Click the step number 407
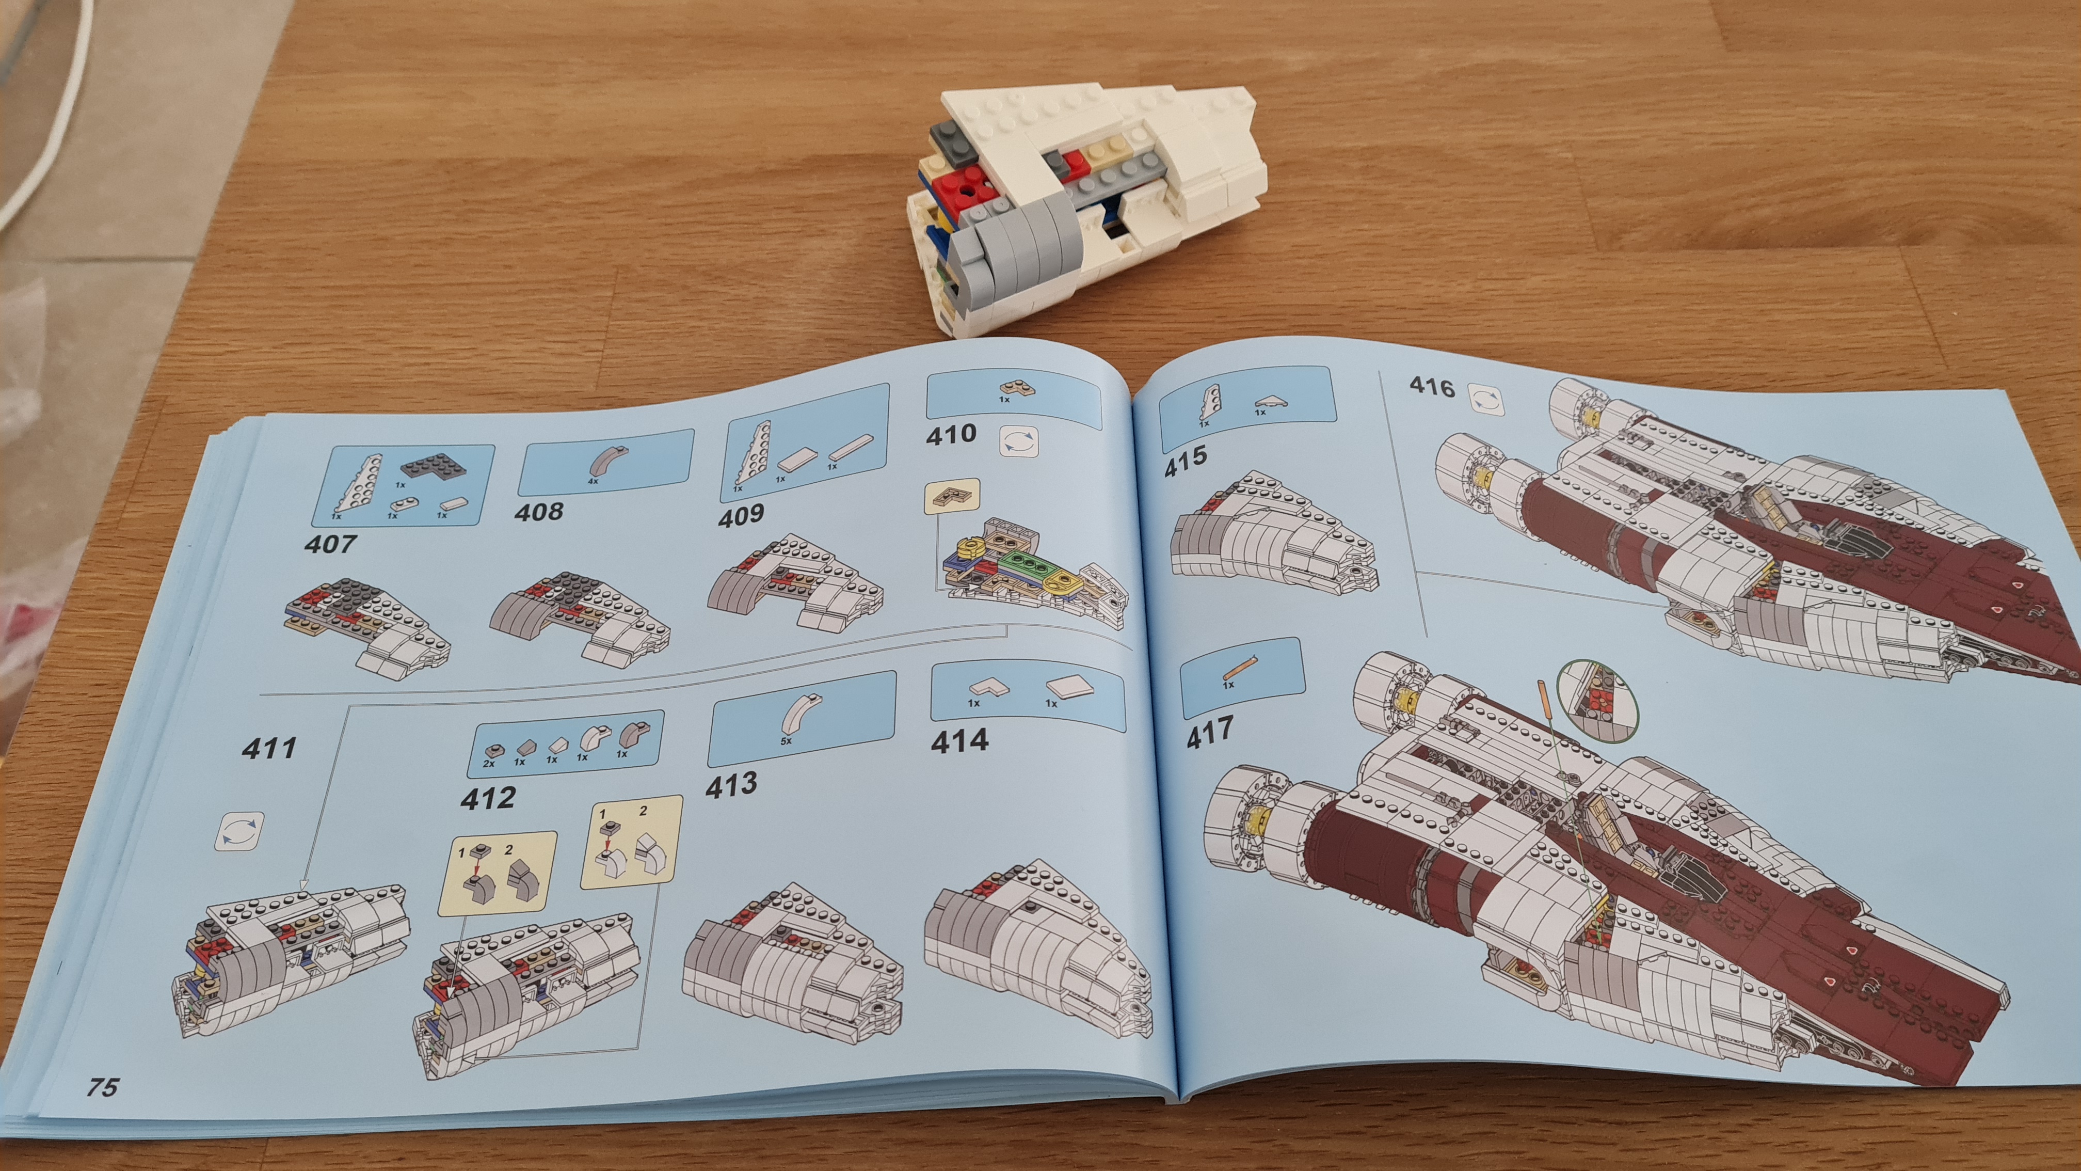point(330,544)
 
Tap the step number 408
point(539,512)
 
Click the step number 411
point(269,748)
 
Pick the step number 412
point(488,798)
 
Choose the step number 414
point(959,741)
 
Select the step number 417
point(1209,732)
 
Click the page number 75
point(103,1087)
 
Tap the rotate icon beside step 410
point(1019,441)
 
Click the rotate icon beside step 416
point(1486,399)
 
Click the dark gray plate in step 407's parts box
point(428,466)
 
